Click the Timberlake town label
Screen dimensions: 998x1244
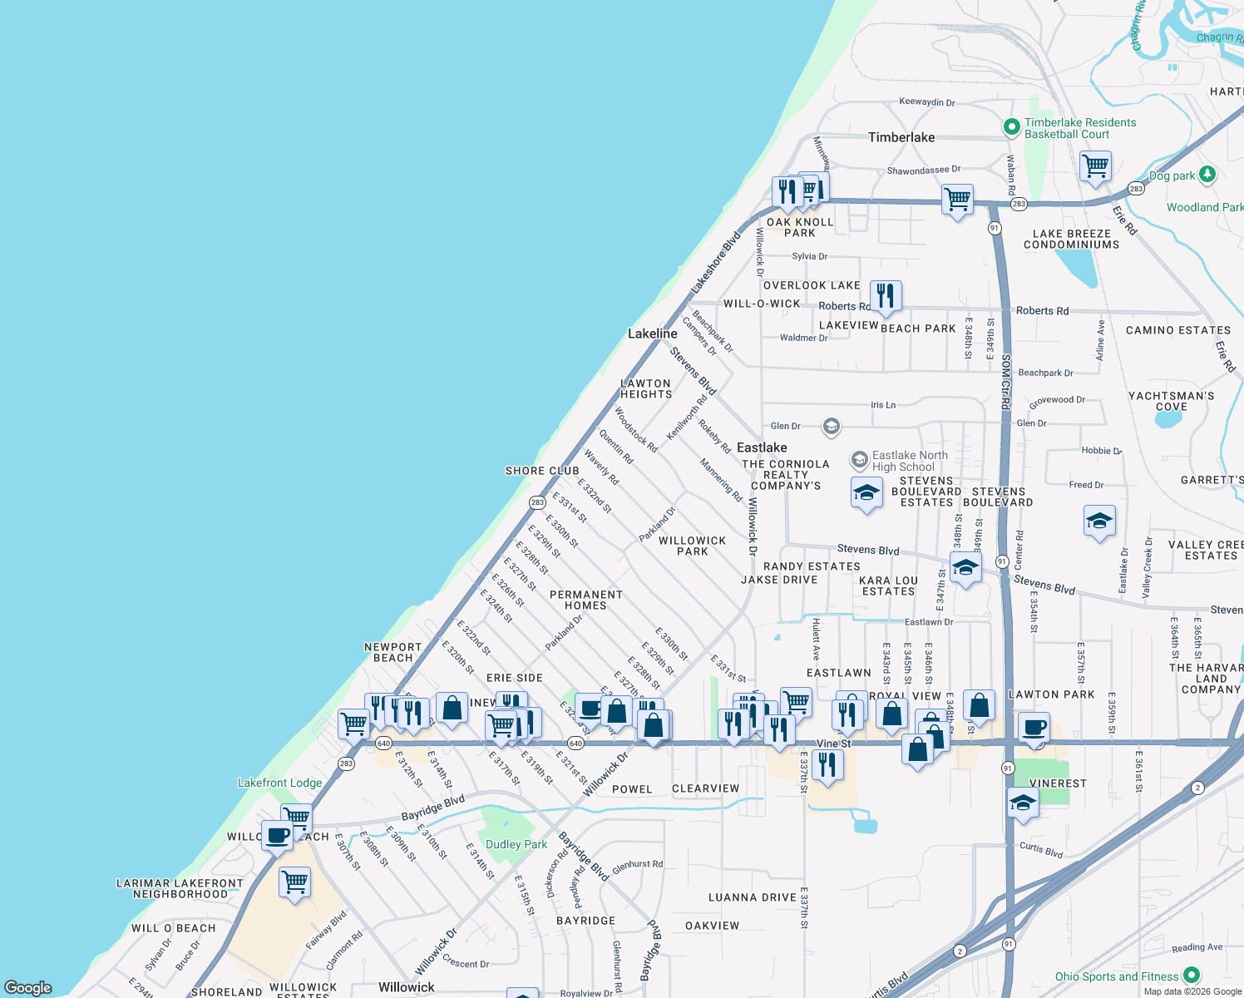901,137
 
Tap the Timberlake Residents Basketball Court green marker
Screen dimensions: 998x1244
1012,127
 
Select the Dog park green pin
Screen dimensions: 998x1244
1207,175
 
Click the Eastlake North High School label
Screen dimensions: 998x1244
909,461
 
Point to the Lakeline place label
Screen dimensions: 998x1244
653,333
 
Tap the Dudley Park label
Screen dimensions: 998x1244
516,844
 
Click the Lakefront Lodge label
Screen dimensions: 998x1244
279,783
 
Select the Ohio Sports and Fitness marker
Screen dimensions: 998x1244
1192,975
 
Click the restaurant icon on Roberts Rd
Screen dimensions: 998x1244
886,296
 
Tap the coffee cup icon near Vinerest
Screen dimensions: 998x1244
1034,728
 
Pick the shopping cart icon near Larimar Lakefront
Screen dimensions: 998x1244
295,882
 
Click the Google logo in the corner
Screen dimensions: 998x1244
28,987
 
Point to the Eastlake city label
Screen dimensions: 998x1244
762,447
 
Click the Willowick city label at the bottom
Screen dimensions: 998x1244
406,987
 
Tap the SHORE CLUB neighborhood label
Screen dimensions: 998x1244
542,471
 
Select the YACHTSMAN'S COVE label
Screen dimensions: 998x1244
1171,401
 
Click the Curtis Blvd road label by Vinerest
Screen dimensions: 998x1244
1041,850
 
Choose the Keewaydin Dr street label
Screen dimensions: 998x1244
927,102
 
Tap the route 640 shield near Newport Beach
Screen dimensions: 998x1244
383,743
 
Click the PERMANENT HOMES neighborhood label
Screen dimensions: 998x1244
586,600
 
